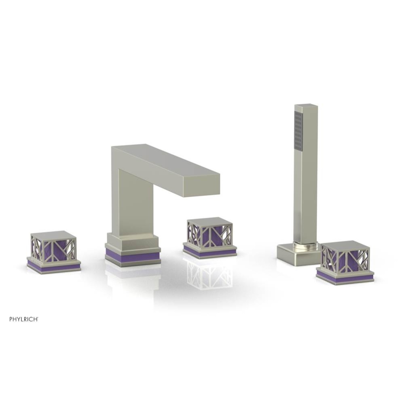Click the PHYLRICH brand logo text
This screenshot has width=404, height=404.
pyautogui.click(x=24, y=319)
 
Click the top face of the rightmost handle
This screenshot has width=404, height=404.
pyautogui.click(x=345, y=245)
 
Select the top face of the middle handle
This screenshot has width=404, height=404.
pyautogui.click(x=209, y=221)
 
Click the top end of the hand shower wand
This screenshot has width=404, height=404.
pyautogui.click(x=306, y=107)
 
